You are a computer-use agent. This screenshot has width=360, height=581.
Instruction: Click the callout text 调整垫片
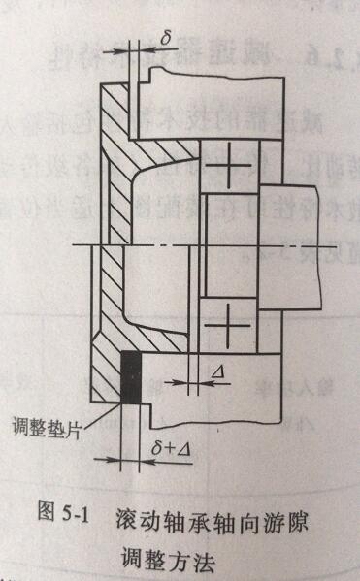(45, 427)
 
